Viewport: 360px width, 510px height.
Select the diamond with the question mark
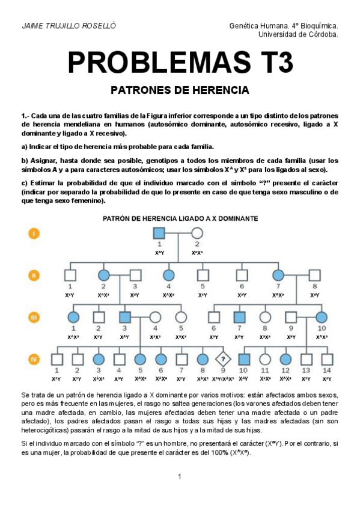(222, 359)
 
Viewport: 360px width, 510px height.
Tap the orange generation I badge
(35, 233)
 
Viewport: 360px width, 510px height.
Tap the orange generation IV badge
(35, 360)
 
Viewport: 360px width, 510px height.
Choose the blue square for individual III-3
(125, 317)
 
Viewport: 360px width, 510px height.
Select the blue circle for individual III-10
(321, 317)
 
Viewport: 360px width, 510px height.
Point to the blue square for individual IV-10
(243, 360)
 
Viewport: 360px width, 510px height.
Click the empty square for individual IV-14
(326, 360)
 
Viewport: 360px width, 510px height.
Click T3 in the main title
(273, 63)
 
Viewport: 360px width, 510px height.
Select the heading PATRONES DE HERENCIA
(180, 91)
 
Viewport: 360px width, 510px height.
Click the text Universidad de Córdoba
(297, 34)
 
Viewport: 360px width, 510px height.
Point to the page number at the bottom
(179, 477)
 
